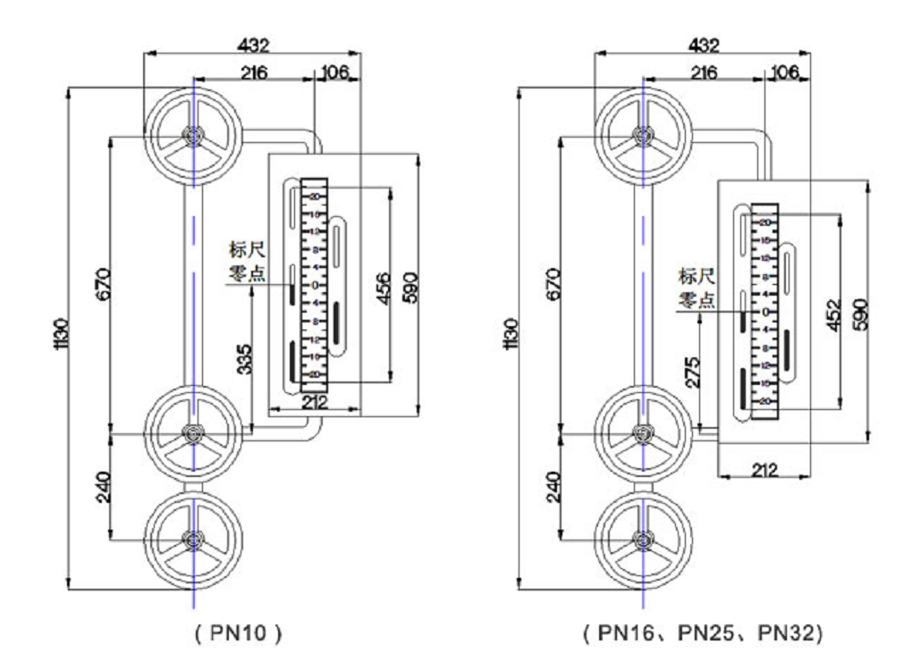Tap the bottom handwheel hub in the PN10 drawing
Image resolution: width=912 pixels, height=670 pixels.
tap(191, 539)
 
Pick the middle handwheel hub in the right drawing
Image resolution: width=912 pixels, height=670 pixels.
tap(641, 433)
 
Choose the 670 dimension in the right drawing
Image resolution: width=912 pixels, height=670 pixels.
tap(552, 284)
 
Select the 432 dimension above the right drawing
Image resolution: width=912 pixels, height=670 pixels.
tap(702, 44)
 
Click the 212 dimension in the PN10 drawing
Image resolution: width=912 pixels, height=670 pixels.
tap(314, 403)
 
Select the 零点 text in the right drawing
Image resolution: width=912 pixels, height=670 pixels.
tap(695, 299)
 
